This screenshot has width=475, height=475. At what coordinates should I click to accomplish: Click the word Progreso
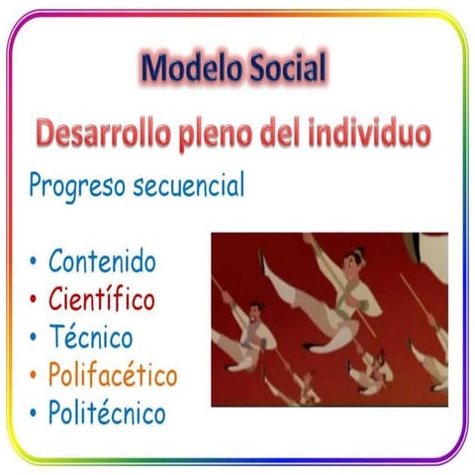coord(77,185)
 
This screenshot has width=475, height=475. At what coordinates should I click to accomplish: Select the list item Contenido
coord(102,262)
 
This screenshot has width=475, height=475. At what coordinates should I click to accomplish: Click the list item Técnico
coord(90,336)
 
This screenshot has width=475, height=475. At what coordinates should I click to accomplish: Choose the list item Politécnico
coord(107,413)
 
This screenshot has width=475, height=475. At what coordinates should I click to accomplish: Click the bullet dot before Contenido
coord(34,263)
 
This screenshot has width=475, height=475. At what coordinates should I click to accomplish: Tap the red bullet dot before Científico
coord(34,300)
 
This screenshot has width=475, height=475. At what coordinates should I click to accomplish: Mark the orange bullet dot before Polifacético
coord(34,376)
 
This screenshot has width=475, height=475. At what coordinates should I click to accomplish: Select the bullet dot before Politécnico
coord(34,413)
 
